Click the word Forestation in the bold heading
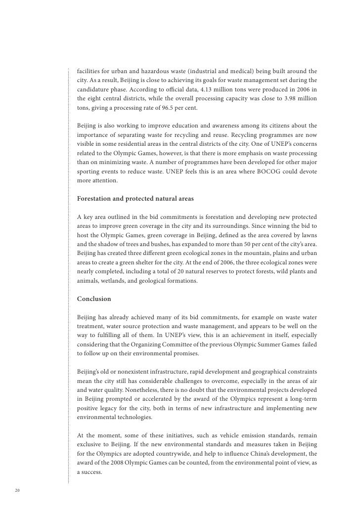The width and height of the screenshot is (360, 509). coord(96,199)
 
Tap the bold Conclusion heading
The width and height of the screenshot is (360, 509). coord(94,299)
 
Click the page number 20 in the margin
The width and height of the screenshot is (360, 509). coord(17,490)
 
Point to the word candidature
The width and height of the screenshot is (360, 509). coord(94,89)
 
